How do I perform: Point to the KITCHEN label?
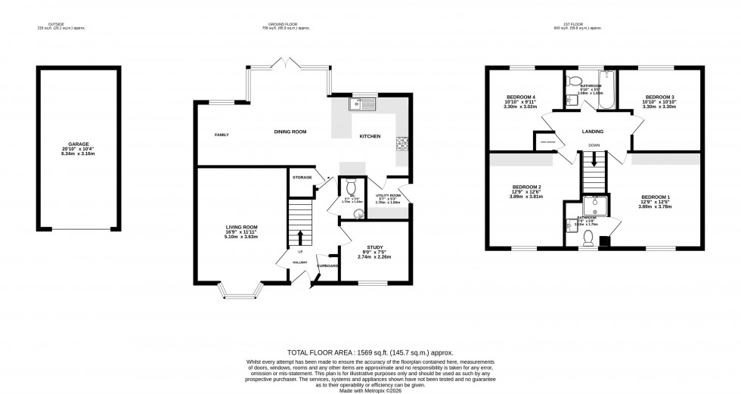[x=369, y=137]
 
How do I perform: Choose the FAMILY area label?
[x=222, y=135]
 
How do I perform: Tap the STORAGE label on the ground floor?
[x=302, y=177]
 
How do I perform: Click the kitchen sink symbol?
[x=357, y=104]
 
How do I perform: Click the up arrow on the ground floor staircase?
[x=301, y=237]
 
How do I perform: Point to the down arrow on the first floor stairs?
[x=594, y=160]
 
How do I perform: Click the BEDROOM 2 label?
[x=527, y=187]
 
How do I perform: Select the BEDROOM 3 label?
[x=659, y=97]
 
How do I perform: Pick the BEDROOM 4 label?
[x=520, y=97]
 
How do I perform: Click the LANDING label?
[x=593, y=131]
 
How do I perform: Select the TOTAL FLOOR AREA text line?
[x=370, y=353]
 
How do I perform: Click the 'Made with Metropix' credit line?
[x=370, y=389]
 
